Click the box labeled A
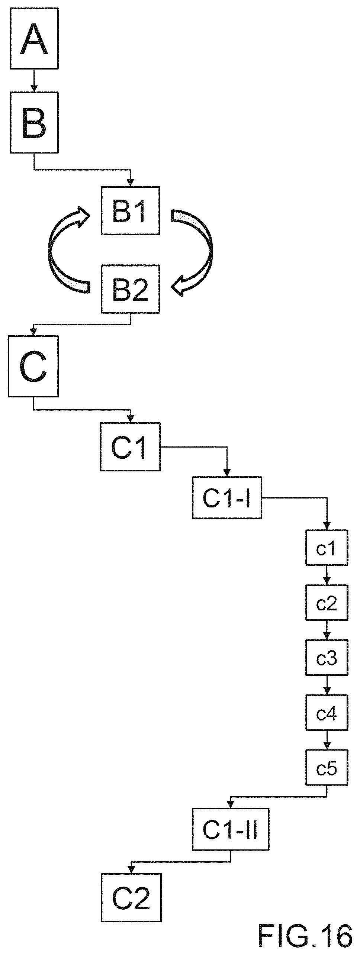[34, 38]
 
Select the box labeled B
[34, 122]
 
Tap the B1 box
[130, 210]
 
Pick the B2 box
[130, 289]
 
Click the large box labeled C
[33, 366]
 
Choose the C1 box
[130, 446]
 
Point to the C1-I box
[227, 497]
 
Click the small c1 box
[327, 548]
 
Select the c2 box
[327, 602]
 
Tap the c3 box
[327, 657]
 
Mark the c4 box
[327, 712]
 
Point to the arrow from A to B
[34, 80]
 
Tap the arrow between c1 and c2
[327, 575]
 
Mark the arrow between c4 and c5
[327, 739]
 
